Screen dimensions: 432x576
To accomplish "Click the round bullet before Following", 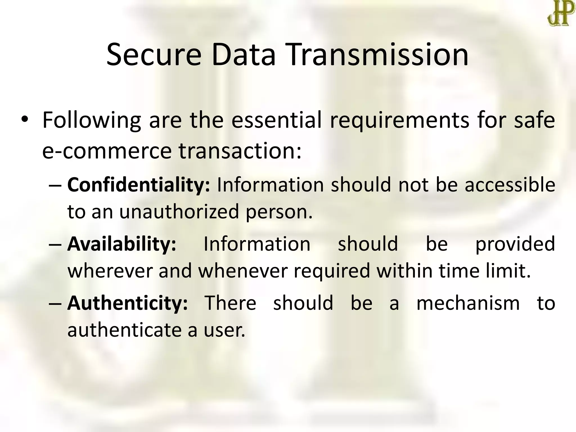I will click(24, 119).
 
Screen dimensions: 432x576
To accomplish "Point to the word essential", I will click(276, 120).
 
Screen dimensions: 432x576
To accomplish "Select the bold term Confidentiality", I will click(139, 185).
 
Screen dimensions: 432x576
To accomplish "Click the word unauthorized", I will click(179, 212).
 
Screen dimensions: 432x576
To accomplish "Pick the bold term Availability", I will click(122, 244).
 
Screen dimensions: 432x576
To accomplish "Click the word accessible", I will click(510, 185).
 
